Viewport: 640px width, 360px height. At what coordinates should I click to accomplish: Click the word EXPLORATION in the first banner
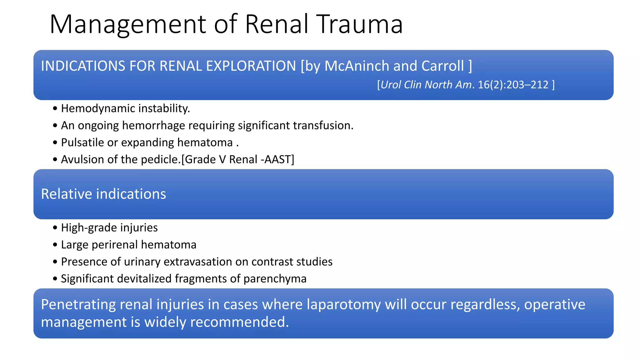(x=251, y=66)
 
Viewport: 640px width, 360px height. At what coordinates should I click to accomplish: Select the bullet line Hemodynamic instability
(x=125, y=108)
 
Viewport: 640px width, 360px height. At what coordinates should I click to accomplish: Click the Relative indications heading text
(x=103, y=194)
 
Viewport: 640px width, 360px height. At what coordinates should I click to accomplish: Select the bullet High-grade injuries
(x=109, y=227)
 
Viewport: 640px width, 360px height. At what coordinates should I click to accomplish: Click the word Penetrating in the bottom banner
(x=78, y=305)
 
